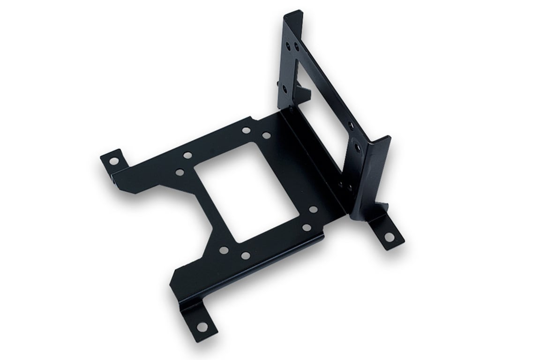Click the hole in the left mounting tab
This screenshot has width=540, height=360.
[114, 161]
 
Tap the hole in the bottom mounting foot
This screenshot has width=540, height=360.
[202, 326]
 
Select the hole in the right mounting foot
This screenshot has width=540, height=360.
[390, 237]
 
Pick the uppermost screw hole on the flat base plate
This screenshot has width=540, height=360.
[246, 130]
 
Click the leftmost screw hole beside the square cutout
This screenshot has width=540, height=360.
[180, 172]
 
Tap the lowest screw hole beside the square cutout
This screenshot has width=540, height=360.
[245, 255]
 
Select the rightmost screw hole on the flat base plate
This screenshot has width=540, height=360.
[313, 210]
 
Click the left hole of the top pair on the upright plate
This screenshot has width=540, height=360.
[288, 45]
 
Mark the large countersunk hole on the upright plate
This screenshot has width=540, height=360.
[358, 148]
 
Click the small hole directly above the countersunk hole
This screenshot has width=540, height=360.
[351, 125]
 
